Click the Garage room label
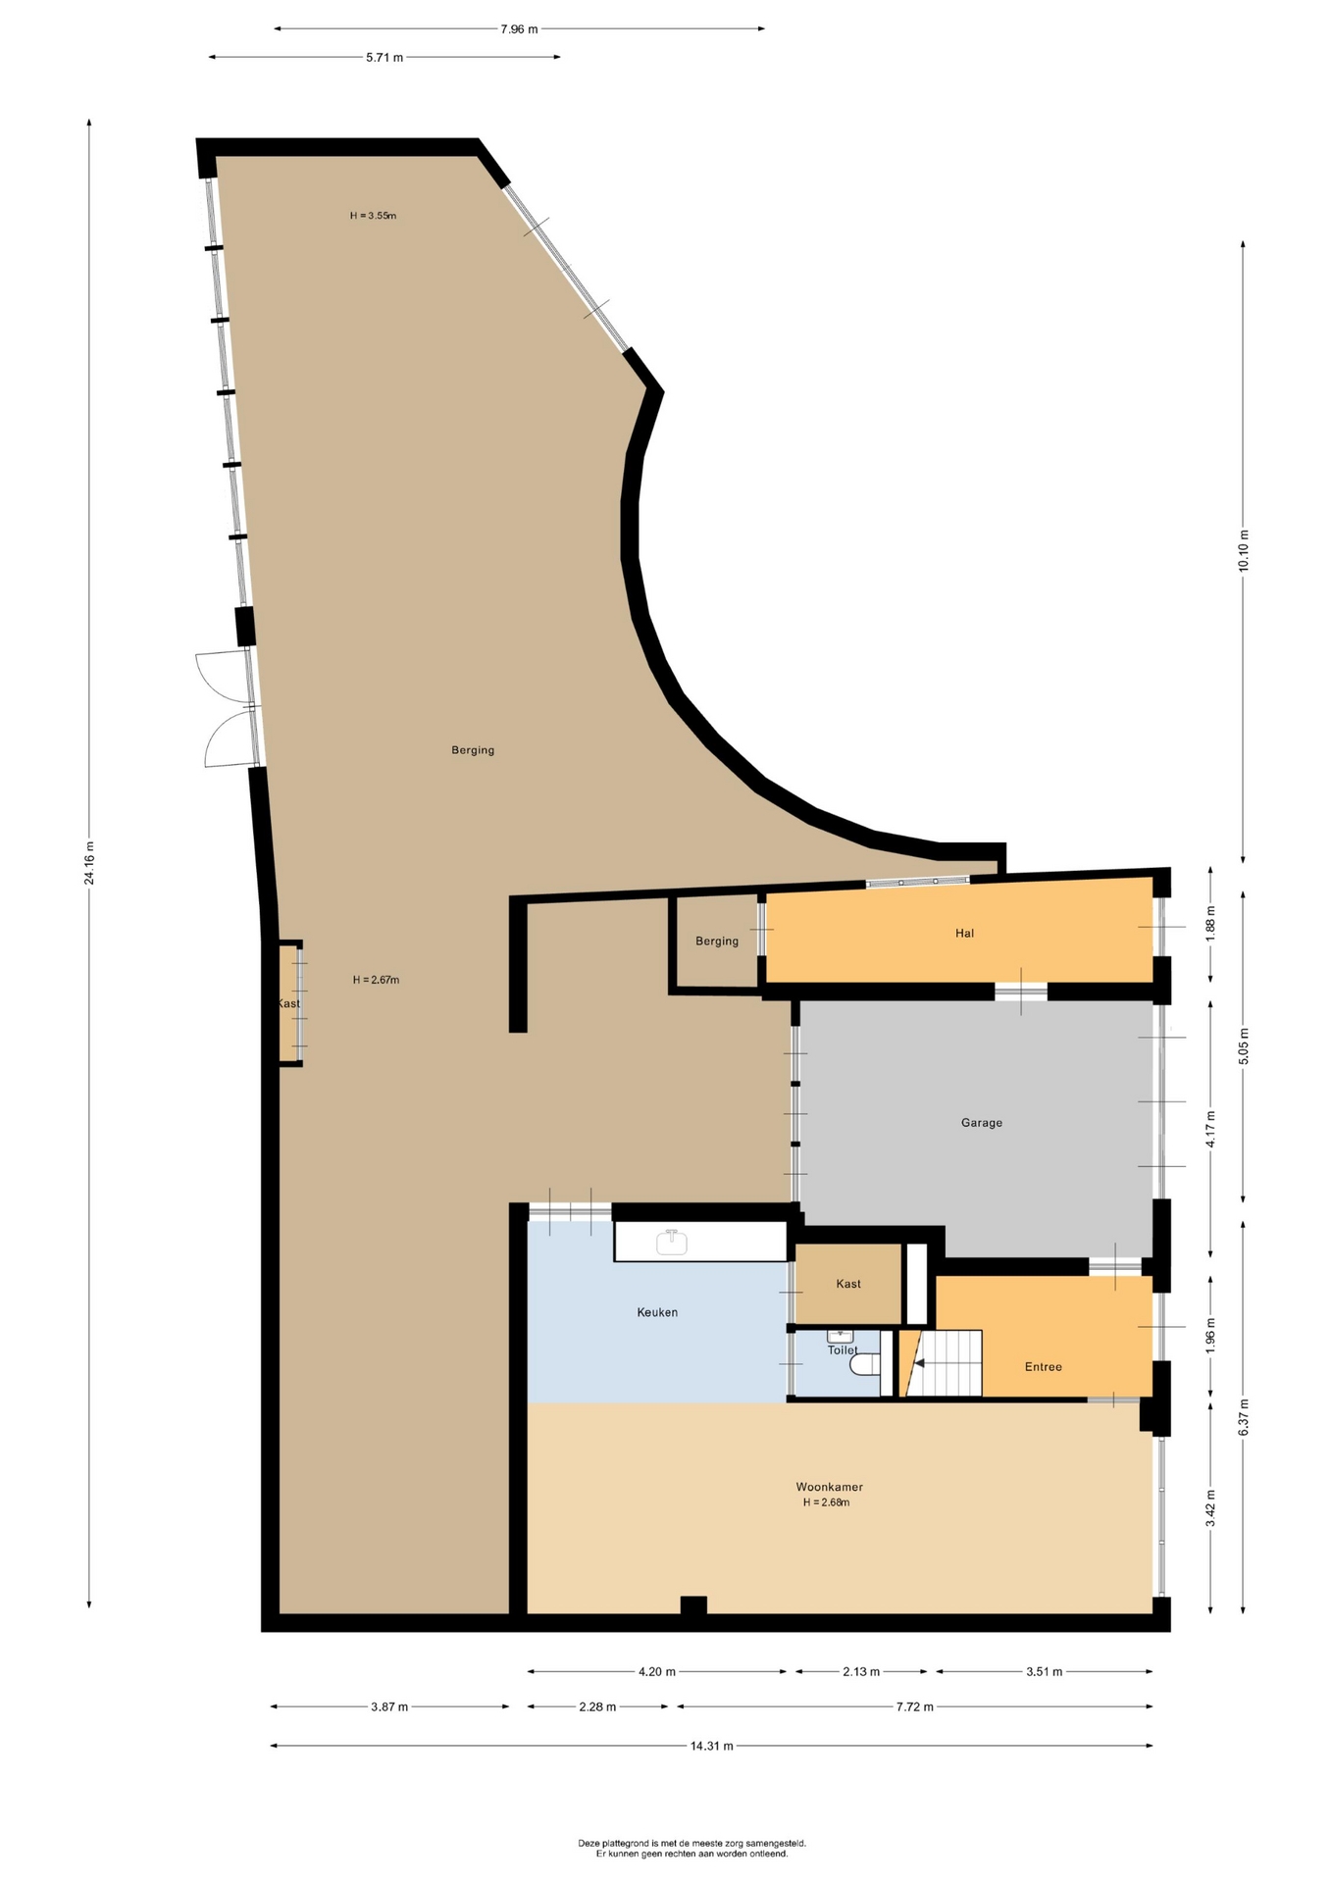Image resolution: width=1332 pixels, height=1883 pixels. click(981, 1123)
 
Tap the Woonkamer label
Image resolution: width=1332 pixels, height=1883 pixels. click(829, 1487)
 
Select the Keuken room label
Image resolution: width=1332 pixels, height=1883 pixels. click(657, 1312)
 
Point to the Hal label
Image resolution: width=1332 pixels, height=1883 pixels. click(964, 934)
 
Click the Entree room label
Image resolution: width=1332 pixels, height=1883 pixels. click(1043, 1367)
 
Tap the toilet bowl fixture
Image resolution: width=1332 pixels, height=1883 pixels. click(864, 1364)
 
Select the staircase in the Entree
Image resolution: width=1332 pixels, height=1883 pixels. click(942, 1362)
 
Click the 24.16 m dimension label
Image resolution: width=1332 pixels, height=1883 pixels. click(89, 863)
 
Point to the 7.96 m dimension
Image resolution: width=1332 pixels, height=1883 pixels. click(519, 29)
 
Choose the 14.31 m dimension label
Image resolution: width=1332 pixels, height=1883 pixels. click(712, 1746)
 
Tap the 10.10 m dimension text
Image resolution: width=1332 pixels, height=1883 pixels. click(1244, 550)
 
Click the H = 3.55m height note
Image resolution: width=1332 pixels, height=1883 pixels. click(373, 216)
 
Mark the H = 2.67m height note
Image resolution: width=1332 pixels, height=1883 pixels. click(376, 980)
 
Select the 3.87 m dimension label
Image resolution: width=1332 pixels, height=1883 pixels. click(389, 1706)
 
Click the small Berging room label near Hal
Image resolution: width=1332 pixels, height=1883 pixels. click(717, 941)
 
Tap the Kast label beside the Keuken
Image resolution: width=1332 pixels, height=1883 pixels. click(848, 1284)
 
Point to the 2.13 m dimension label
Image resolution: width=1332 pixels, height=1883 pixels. click(861, 1671)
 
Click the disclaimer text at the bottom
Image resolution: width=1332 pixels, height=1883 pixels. click(692, 1849)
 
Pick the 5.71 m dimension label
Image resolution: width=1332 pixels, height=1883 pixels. click(384, 57)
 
